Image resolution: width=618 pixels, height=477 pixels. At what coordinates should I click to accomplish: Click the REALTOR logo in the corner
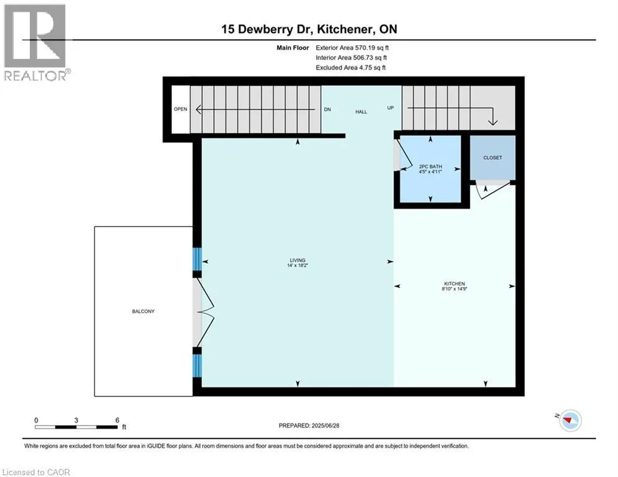click(x=35, y=42)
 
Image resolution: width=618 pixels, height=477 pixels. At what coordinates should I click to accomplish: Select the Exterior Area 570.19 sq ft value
click(x=353, y=47)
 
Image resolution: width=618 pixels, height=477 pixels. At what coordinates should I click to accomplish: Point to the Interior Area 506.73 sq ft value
click(x=352, y=57)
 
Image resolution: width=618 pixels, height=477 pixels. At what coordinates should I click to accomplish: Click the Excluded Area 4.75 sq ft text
click(x=352, y=67)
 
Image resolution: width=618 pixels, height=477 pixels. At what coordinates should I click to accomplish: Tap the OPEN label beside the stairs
click(x=180, y=109)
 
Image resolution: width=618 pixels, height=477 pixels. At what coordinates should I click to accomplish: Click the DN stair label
click(x=327, y=109)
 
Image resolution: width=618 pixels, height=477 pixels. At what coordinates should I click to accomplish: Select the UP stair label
click(x=391, y=108)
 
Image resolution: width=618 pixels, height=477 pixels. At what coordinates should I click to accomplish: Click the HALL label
click(x=361, y=112)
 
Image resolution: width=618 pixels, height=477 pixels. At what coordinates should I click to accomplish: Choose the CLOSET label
click(x=493, y=158)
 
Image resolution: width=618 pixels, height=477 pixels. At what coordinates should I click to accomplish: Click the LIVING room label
click(x=297, y=261)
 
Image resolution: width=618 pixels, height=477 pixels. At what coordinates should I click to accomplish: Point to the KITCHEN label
click(x=455, y=284)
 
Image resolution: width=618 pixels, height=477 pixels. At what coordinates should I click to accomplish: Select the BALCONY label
click(x=143, y=311)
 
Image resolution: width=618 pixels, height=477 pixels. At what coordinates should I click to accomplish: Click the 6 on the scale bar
click(x=117, y=420)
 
